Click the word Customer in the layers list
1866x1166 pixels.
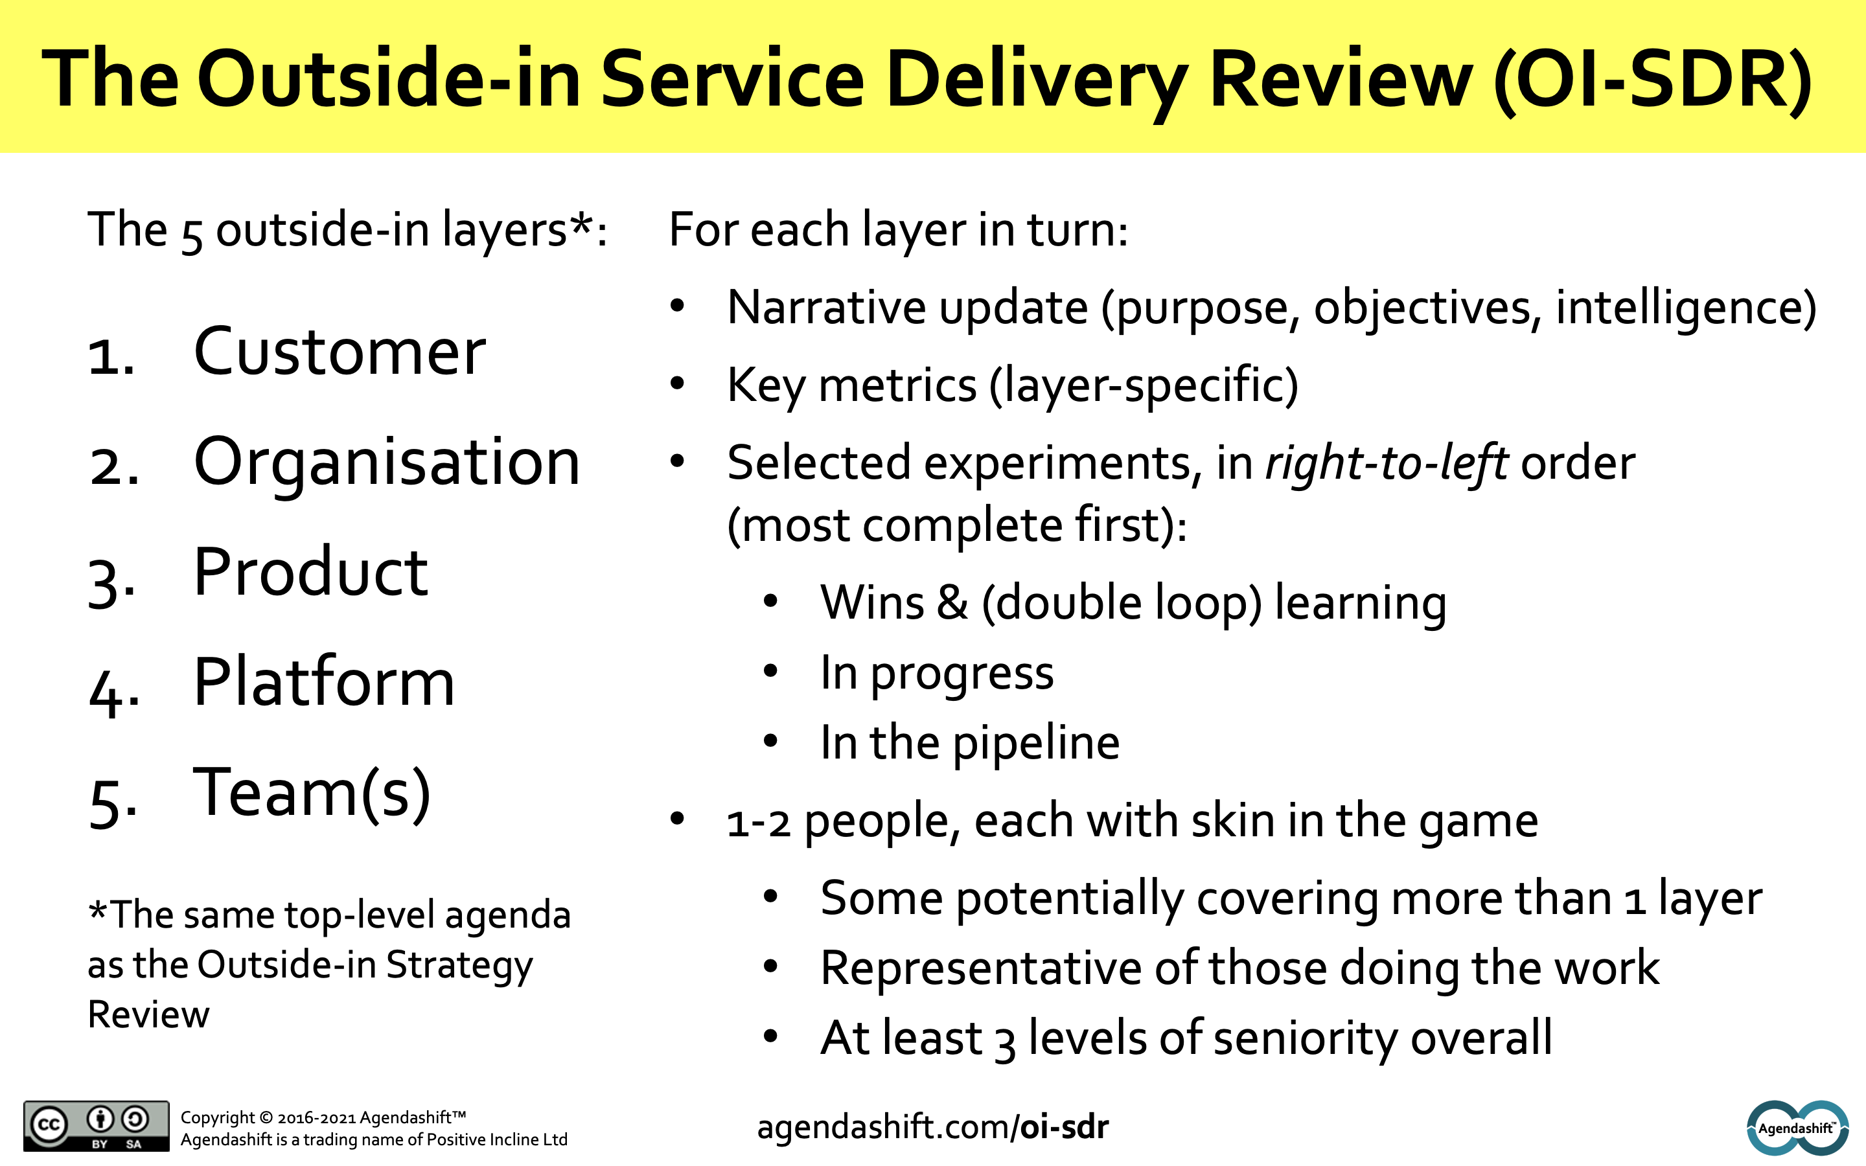(x=340, y=352)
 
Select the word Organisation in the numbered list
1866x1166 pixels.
(x=386, y=463)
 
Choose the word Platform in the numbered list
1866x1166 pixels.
(x=324, y=683)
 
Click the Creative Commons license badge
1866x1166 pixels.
(x=97, y=1126)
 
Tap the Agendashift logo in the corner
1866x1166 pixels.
(x=1797, y=1127)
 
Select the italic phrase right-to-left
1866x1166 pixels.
(x=1386, y=463)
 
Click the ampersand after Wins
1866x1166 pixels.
(x=952, y=602)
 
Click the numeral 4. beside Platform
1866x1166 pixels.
(x=114, y=690)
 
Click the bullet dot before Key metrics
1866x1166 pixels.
(x=678, y=383)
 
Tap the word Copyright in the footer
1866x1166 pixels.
(x=218, y=1117)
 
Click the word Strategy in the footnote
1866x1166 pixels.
(x=459, y=965)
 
